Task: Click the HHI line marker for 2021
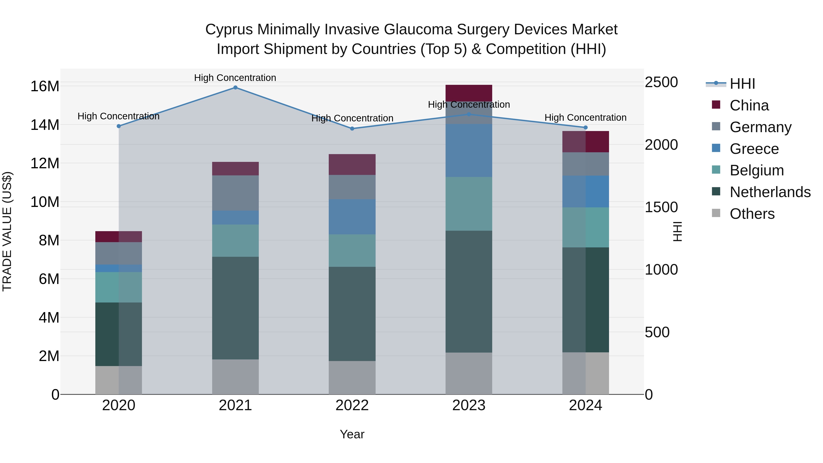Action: [235, 88]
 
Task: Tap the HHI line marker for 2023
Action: [469, 114]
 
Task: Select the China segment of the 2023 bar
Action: [469, 93]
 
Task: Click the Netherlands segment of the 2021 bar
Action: [235, 308]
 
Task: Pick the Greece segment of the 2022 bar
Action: [352, 217]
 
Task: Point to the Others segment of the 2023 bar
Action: [469, 373]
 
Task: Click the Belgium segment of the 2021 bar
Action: [235, 240]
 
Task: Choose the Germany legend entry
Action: [760, 127]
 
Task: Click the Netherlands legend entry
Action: [770, 192]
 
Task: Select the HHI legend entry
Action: [742, 84]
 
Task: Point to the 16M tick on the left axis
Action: [45, 86]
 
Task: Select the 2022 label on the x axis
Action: [352, 405]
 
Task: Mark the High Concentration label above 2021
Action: [235, 78]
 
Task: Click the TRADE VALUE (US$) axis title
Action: [7, 231]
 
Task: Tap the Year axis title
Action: [352, 434]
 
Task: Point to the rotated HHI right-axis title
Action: [677, 231]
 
